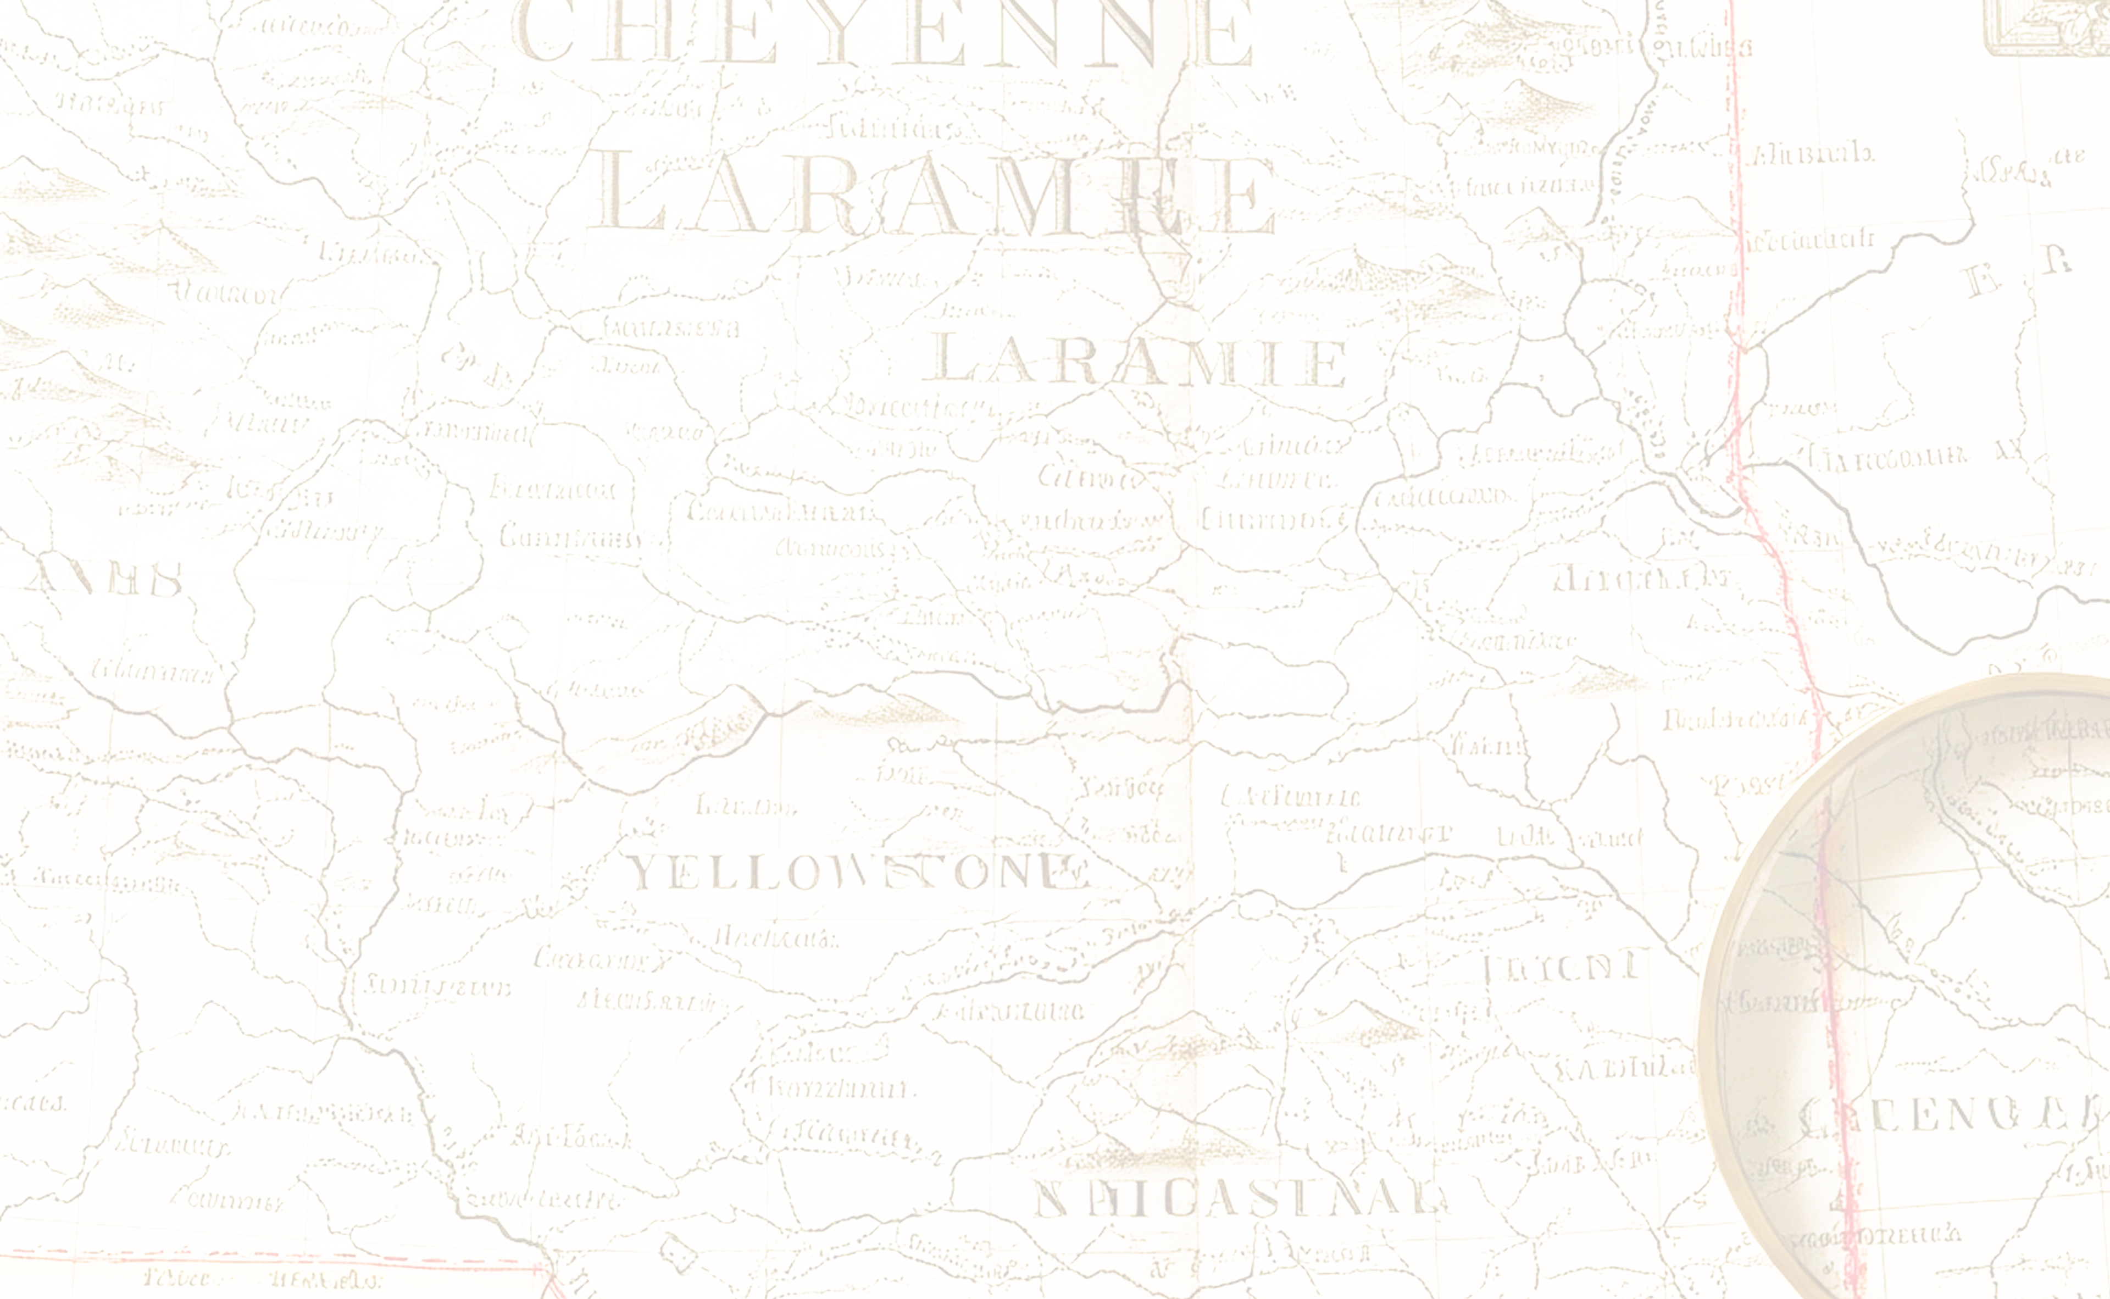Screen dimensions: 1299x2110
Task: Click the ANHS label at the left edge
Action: point(107,580)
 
